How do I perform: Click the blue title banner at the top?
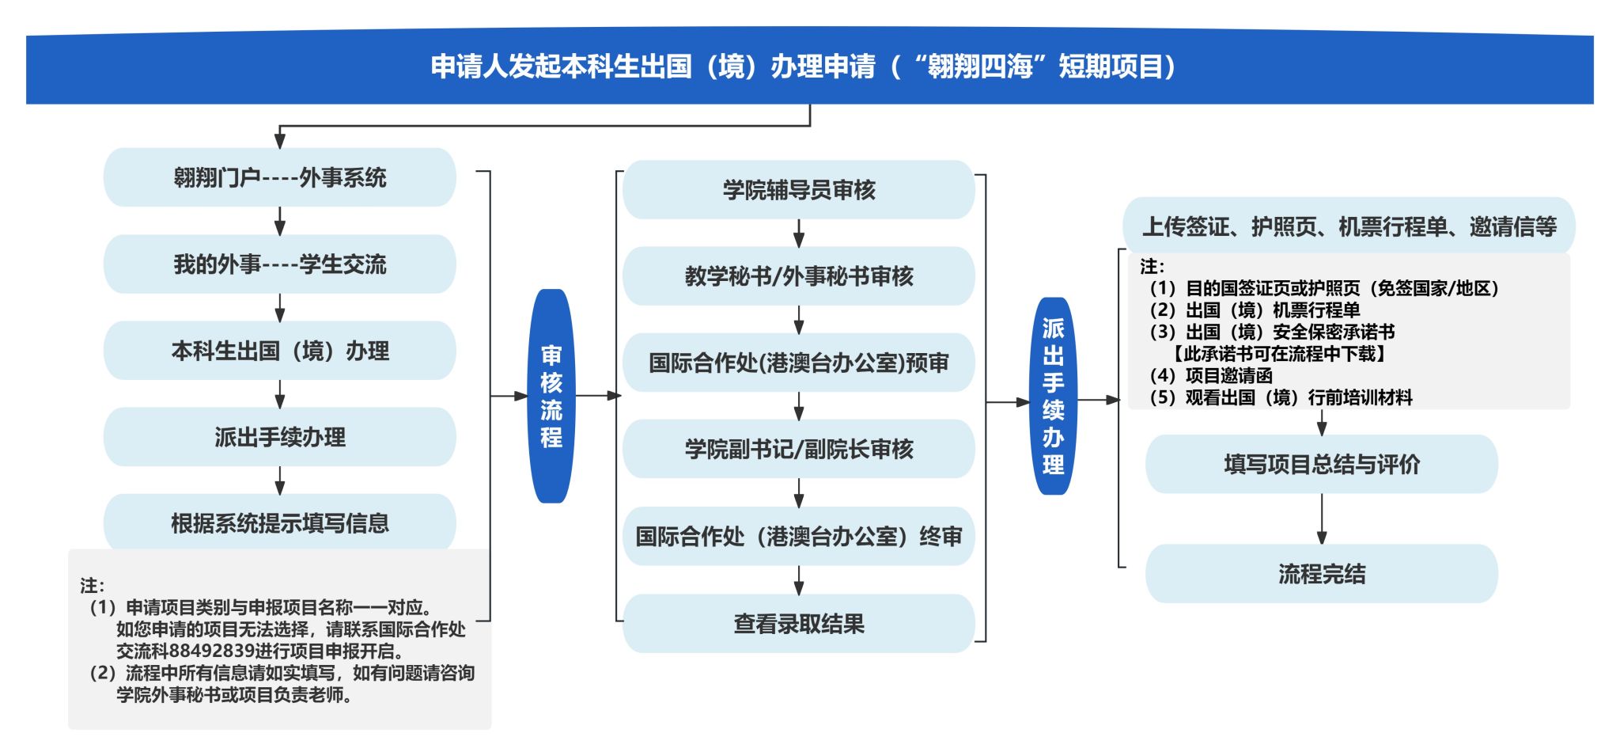809,67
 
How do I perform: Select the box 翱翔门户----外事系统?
280,177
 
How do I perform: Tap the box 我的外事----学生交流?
280,264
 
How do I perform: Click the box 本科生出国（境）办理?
280,350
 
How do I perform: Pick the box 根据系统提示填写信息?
280,522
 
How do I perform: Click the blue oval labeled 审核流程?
551,396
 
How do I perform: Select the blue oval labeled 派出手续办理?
1053,396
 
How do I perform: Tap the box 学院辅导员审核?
799,190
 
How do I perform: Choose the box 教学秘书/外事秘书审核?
799,276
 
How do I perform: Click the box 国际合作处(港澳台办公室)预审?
799,363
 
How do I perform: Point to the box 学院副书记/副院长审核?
799,449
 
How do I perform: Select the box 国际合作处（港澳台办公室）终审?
799,536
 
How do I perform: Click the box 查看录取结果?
799,623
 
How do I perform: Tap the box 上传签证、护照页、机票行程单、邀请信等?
1349,226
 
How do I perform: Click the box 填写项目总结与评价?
1322,464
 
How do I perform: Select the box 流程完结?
1322,574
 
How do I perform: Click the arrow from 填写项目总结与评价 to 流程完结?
1322,519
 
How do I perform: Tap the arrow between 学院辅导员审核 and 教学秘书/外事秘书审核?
799,233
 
